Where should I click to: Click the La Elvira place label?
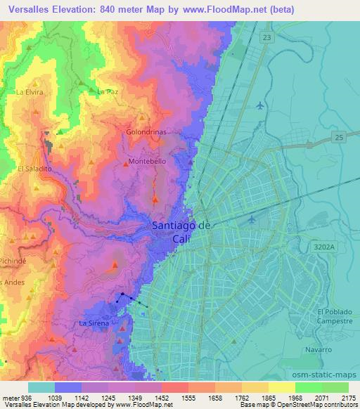click(x=30, y=91)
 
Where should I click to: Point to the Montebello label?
click(x=148, y=161)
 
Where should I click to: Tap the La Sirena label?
click(x=93, y=323)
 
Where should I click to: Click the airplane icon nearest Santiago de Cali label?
click(x=252, y=220)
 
